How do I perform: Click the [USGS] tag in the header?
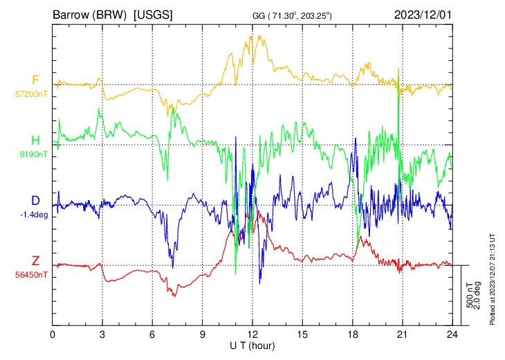(153, 14)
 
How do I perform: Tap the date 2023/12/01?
(422, 14)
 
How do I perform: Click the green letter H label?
(35, 139)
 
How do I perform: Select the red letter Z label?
(35, 260)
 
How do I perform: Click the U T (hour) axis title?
(253, 345)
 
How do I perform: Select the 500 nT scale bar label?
(470, 296)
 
